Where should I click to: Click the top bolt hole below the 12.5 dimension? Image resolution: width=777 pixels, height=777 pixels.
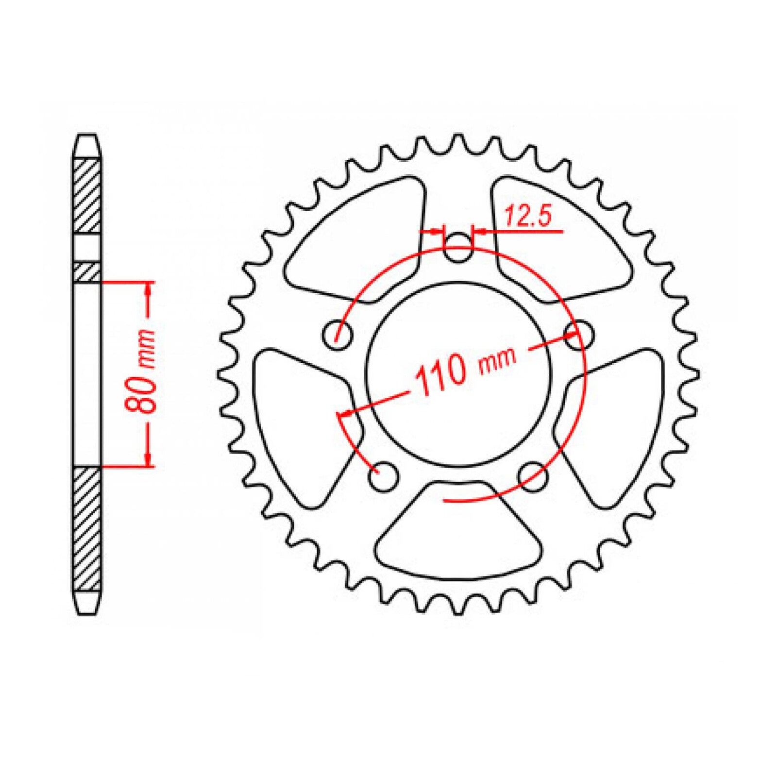click(x=458, y=247)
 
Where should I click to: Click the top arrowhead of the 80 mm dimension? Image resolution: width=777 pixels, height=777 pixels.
click(x=149, y=289)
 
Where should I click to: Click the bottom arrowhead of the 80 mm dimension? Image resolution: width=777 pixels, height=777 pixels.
click(x=149, y=459)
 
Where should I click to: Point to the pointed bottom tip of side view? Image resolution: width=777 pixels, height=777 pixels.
click(x=87, y=613)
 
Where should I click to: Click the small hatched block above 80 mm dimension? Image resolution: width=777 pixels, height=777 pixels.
click(x=87, y=272)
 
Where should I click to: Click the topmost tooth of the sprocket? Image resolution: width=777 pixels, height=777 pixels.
click(x=458, y=141)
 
